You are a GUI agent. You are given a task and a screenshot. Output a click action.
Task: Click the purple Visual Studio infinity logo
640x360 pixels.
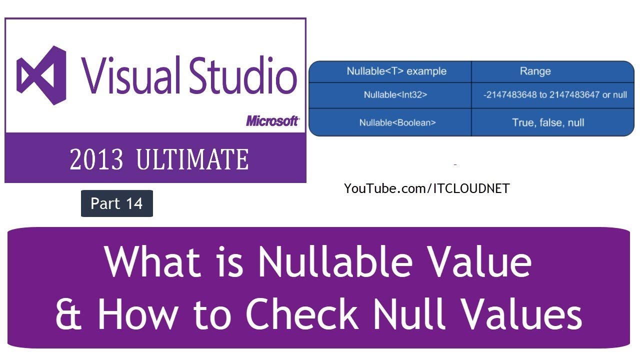42,75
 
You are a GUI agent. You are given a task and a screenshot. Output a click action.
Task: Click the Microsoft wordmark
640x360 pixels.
272,121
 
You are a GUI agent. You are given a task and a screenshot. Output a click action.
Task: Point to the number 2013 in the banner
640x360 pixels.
96,160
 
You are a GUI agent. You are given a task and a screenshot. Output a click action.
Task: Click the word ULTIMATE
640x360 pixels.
192,160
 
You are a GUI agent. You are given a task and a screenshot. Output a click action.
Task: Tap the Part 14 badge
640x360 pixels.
117,203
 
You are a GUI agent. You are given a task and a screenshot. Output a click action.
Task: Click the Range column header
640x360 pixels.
535,71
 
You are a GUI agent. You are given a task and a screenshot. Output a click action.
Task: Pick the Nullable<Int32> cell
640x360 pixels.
395,95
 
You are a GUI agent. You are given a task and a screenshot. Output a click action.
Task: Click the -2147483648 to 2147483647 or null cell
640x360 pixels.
555,95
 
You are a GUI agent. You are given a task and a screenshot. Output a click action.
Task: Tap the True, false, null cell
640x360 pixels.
548,122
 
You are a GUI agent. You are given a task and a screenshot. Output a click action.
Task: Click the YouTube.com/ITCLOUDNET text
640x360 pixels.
426,189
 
